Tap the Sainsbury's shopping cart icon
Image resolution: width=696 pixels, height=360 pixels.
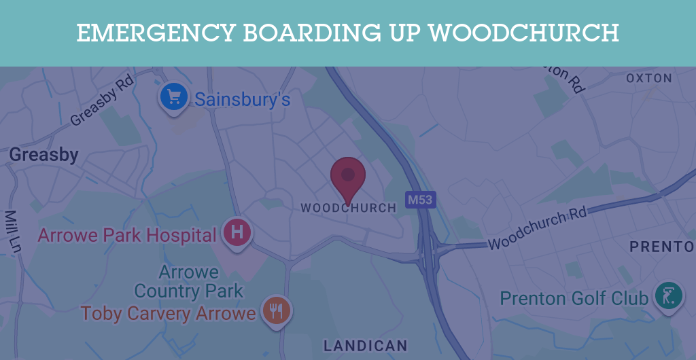(x=174, y=98)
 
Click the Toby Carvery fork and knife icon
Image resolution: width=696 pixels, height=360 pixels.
(x=275, y=311)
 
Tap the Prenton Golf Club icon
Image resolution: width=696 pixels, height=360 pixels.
(x=668, y=296)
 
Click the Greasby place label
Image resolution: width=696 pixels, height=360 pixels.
(x=43, y=155)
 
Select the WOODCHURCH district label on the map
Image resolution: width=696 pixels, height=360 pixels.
(x=348, y=208)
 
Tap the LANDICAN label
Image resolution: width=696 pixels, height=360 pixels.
(x=365, y=346)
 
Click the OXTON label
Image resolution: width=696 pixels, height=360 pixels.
(x=648, y=79)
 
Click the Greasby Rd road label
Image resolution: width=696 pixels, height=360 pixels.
(x=102, y=106)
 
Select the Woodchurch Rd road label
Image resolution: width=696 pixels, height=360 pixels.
(x=537, y=229)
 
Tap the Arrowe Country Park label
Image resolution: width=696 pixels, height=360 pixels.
(x=188, y=282)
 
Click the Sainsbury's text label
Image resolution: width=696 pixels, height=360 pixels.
(x=243, y=100)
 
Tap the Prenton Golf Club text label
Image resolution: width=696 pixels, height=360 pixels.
(x=574, y=298)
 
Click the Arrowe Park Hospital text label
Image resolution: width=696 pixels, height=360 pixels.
(x=127, y=236)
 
